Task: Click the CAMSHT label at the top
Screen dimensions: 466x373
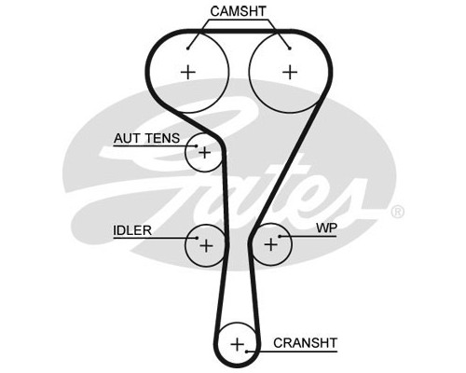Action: click(x=239, y=11)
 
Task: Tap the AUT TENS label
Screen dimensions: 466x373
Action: click(x=146, y=138)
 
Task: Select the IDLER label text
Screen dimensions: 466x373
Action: click(x=132, y=230)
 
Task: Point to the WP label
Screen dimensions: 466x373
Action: click(x=326, y=228)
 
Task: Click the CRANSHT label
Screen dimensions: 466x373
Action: click(x=305, y=343)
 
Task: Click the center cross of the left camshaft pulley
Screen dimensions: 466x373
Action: click(x=188, y=73)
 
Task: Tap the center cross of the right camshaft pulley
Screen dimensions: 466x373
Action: click(x=290, y=73)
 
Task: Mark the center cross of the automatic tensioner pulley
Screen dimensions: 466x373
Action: click(x=205, y=153)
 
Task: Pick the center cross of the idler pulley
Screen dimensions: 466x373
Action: click(x=206, y=246)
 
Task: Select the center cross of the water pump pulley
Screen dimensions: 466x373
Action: click(x=270, y=244)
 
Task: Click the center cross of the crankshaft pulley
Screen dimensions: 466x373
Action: click(x=238, y=344)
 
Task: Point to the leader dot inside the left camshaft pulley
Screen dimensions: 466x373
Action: click(x=188, y=48)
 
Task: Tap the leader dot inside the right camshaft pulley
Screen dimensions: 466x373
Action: click(x=290, y=48)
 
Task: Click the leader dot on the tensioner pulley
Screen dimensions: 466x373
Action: click(x=197, y=145)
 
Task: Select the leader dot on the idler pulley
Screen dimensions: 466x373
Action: click(x=197, y=238)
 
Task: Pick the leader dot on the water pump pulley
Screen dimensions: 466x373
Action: click(x=280, y=237)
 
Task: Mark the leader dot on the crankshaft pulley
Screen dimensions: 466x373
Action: click(x=246, y=352)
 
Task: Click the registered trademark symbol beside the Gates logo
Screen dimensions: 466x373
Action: click(x=397, y=212)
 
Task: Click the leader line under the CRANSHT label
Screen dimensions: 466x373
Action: click(x=292, y=352)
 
